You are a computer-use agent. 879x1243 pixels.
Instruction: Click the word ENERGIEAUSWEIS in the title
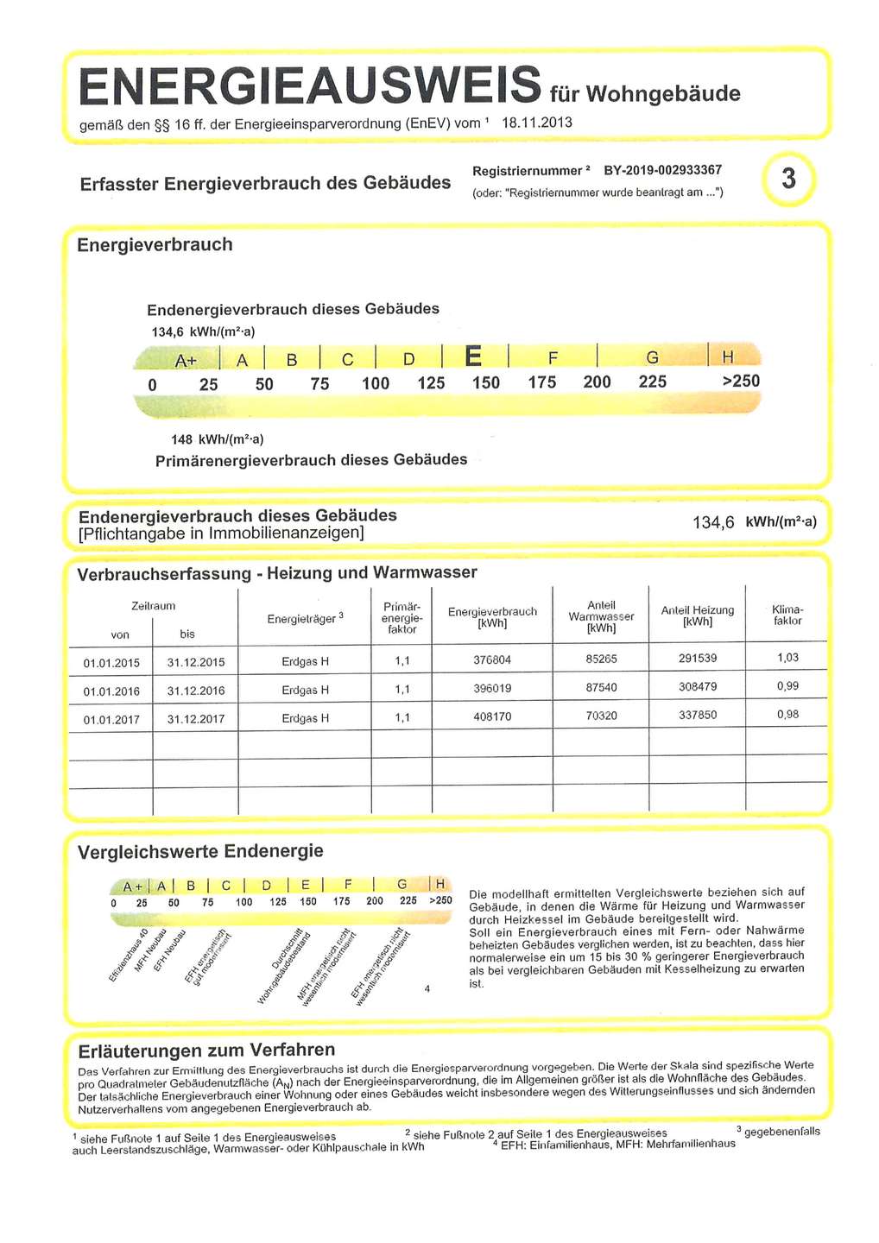pyautogui.click(x=309, y=86)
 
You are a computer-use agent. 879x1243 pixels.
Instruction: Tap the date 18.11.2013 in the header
pyautogui.click(x=536, y=123)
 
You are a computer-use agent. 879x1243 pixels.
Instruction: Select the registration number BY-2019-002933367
pyautogui.click(x=662, y=170)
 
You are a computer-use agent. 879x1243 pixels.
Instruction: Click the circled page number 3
pyautogui.click(x=787, y=179)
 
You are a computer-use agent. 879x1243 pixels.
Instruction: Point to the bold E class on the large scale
pyautogui.click(x=474, y=356)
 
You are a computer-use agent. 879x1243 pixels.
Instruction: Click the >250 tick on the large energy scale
pyautogui.click(x=740, y=382)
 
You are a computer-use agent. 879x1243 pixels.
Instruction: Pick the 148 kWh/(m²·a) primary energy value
pyautogui.click(x=217, y=439)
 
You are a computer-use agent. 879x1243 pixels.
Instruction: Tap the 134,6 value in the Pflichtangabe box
pyautogui.click(x=713, y=522)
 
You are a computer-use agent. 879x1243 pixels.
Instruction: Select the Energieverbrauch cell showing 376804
pyautogui.click(x=492, y=660)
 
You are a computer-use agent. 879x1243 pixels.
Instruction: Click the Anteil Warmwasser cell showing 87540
pyautogui.click(x=601, y=688)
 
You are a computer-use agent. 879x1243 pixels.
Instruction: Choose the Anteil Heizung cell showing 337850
pyautogui.click(x=697, y=716)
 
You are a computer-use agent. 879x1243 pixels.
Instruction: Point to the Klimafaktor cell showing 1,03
pyautogui.click(x=787, y=658)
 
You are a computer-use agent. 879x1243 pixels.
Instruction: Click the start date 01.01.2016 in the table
pyautogui.click(x=111, y=691)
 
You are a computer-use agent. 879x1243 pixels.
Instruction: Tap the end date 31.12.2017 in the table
pyautogui.click(x=195, y=719)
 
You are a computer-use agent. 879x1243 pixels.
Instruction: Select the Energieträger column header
pyautogui.click(x=305, y=619)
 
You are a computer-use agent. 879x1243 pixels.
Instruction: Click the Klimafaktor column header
pyautogui.click(x=787, y=615)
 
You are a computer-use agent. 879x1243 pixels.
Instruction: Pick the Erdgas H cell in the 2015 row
pyautogui.click(x=305, y=662)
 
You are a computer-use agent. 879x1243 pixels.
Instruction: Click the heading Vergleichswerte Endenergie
pyautogui.click(x=200, y=852)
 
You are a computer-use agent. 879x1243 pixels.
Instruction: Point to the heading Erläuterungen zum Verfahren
pyautogui.click(x=206, y=1051)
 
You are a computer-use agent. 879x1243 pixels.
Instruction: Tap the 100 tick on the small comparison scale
pyautogui.click(x=243, y=902)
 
